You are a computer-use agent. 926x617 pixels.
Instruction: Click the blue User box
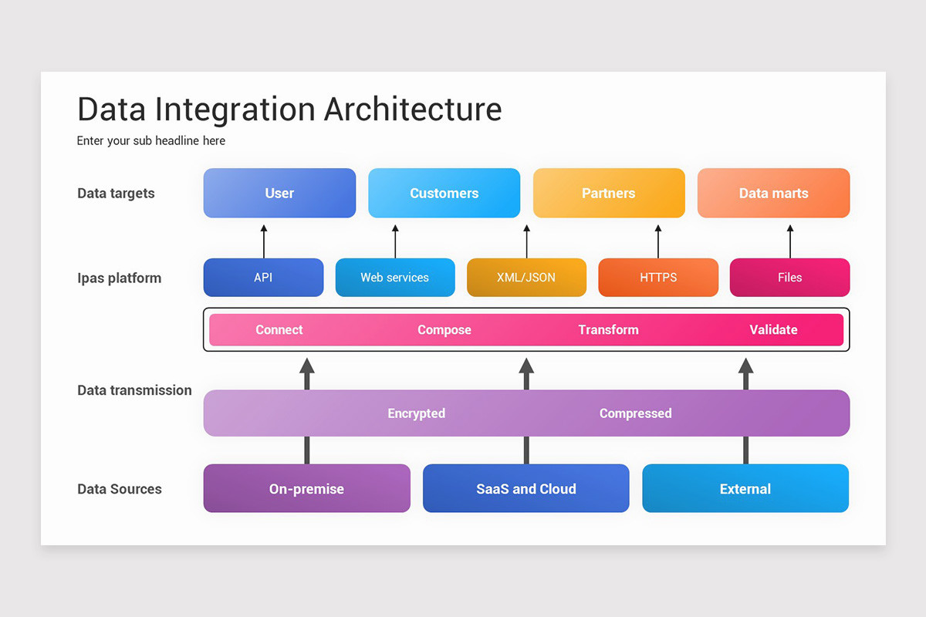(279, 193)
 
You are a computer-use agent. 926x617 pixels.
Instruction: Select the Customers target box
(444, 193)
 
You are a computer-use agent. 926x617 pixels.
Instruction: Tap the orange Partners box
(609, 193)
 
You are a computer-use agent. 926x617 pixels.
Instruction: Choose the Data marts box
(773, 193)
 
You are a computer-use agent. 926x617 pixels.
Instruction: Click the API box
(263, 278)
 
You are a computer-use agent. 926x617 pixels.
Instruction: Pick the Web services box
(394, 278)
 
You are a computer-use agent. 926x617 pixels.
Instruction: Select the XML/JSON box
(526, 278)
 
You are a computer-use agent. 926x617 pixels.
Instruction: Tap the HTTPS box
(658, 278)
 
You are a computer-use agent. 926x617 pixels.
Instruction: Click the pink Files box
(789, 278)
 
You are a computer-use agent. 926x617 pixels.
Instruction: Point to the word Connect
(279, 330)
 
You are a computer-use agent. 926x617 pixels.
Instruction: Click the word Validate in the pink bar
(773, 330)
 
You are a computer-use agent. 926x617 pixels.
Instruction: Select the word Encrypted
(416, 413)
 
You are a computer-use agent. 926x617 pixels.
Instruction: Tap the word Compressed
(635, 413)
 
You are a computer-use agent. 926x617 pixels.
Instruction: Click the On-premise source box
(306, 489)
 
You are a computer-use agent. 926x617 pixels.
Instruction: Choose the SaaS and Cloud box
(526, 489)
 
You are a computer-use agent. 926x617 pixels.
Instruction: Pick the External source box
(745, 489)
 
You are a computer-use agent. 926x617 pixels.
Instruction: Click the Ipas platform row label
(120, 278)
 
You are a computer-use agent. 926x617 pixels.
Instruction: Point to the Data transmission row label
(134, 390)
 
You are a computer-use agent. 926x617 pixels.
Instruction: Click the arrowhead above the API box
(264, 229)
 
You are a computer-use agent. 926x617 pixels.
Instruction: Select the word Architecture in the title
(413, 109)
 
